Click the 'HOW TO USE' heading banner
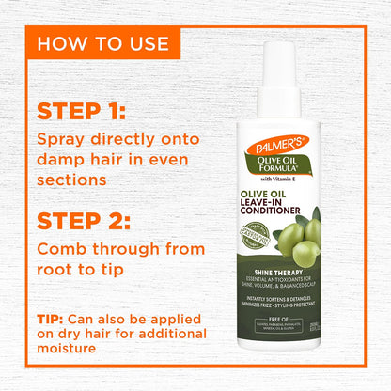pos(103,43)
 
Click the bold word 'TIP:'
pos(55,319)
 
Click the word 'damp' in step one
pos(62,160)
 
